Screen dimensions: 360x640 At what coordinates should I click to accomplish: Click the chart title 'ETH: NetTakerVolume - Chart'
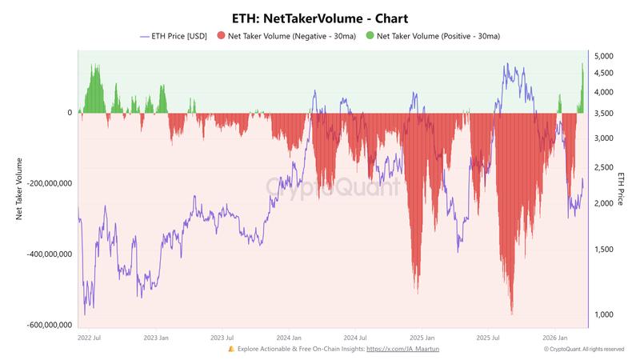point(319,17)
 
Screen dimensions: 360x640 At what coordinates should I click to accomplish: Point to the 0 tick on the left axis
point(70,113)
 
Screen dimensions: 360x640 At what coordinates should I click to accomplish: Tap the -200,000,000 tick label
point(48,183)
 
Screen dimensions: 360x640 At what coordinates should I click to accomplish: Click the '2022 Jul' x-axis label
point(89,338)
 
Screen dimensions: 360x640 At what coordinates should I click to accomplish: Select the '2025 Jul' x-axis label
point(488,338)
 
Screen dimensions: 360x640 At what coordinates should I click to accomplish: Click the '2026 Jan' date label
point(555,338)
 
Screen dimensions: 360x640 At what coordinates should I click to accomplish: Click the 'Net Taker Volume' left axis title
point(18,189)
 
